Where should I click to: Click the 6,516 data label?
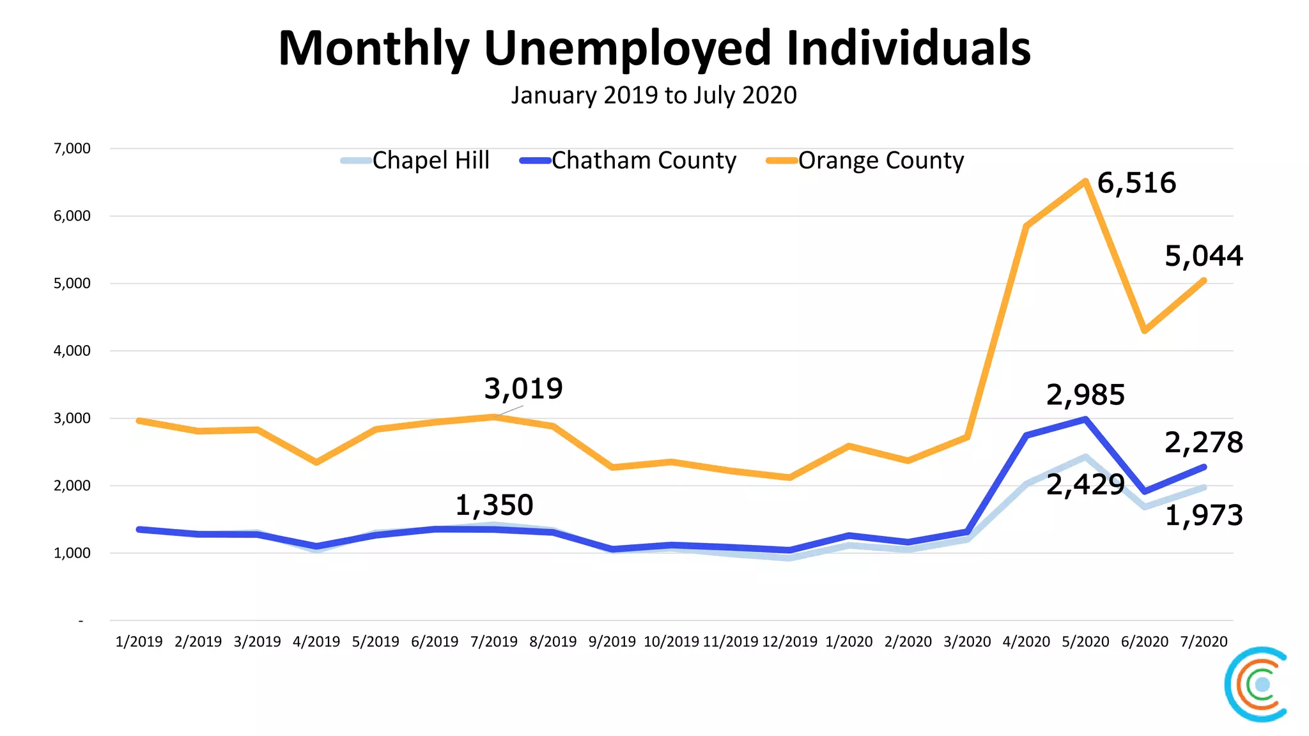point(1136,183)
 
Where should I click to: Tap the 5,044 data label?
point(1204,256)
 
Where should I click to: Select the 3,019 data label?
point(523,388)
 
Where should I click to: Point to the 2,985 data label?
point(1085,395)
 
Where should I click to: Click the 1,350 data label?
point(494,505)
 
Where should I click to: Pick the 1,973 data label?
point(1204,516)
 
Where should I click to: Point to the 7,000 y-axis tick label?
point(72,149)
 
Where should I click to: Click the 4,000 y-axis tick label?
point(72,351)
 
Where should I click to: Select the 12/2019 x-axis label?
point(789,641)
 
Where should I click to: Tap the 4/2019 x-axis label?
point(316,641)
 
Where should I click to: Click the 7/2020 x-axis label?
point(1204,641)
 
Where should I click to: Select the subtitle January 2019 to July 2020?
point(654,96)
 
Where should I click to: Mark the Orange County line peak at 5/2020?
point(1085,181)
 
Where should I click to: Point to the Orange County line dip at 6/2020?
point(1144,330)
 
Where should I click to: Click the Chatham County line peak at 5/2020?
point(1085,419)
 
